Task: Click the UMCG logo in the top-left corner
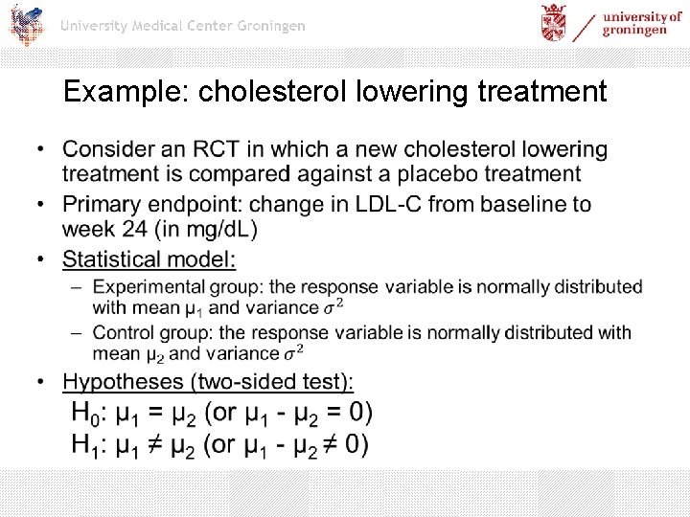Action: click(26, 24)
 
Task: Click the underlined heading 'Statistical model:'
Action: click(149, 259)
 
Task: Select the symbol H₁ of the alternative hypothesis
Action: click(87, 445)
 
